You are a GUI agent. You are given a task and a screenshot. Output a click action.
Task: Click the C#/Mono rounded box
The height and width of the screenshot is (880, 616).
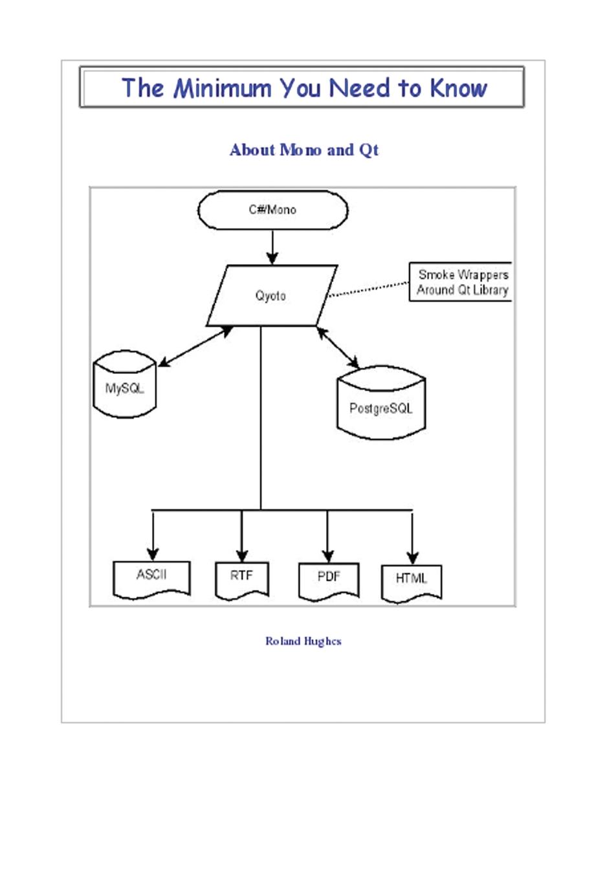272,210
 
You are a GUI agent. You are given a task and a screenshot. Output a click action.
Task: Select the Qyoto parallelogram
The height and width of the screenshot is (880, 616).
271,296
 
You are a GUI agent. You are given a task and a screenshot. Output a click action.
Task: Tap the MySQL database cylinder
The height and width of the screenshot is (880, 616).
125,386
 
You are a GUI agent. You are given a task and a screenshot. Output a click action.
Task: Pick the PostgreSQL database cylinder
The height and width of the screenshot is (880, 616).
381,406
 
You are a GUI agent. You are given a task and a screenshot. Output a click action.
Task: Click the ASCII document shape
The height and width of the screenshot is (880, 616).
151,577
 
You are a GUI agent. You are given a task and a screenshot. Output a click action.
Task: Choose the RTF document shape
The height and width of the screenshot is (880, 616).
241,578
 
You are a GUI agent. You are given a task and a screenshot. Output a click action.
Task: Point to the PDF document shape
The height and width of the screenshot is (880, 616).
328,580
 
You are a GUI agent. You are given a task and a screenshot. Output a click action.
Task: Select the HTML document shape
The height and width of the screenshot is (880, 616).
412,582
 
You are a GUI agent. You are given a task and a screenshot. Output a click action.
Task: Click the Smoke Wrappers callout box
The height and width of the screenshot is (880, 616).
461,282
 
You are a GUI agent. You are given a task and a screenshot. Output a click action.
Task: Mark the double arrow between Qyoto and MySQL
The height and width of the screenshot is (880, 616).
195,347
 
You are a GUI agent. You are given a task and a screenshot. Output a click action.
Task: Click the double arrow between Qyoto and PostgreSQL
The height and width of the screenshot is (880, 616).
338,348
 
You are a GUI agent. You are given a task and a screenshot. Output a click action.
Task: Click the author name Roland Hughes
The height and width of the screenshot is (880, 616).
303,641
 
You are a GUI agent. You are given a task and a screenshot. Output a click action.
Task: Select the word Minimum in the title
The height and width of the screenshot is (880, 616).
222,88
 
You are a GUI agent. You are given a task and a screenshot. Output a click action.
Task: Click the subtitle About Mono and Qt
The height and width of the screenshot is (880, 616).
303,150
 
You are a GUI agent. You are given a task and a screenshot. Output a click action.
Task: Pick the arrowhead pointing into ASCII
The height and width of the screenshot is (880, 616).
153,554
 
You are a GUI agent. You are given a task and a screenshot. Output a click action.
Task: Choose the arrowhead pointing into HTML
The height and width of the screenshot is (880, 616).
412,558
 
